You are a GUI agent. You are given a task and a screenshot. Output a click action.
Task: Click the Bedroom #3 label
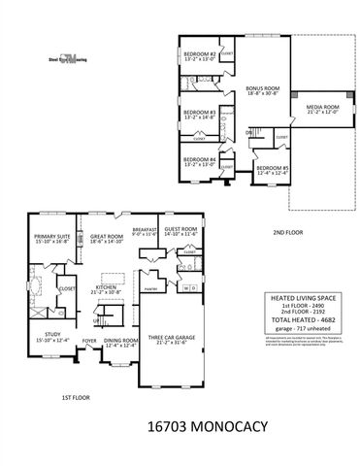coord(199,115)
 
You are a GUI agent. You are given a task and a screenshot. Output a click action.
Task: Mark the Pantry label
coord(150,289)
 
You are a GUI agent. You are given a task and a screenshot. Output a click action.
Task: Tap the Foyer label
coord(89,341)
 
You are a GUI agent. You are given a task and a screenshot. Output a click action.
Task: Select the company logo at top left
coord(65,58)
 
